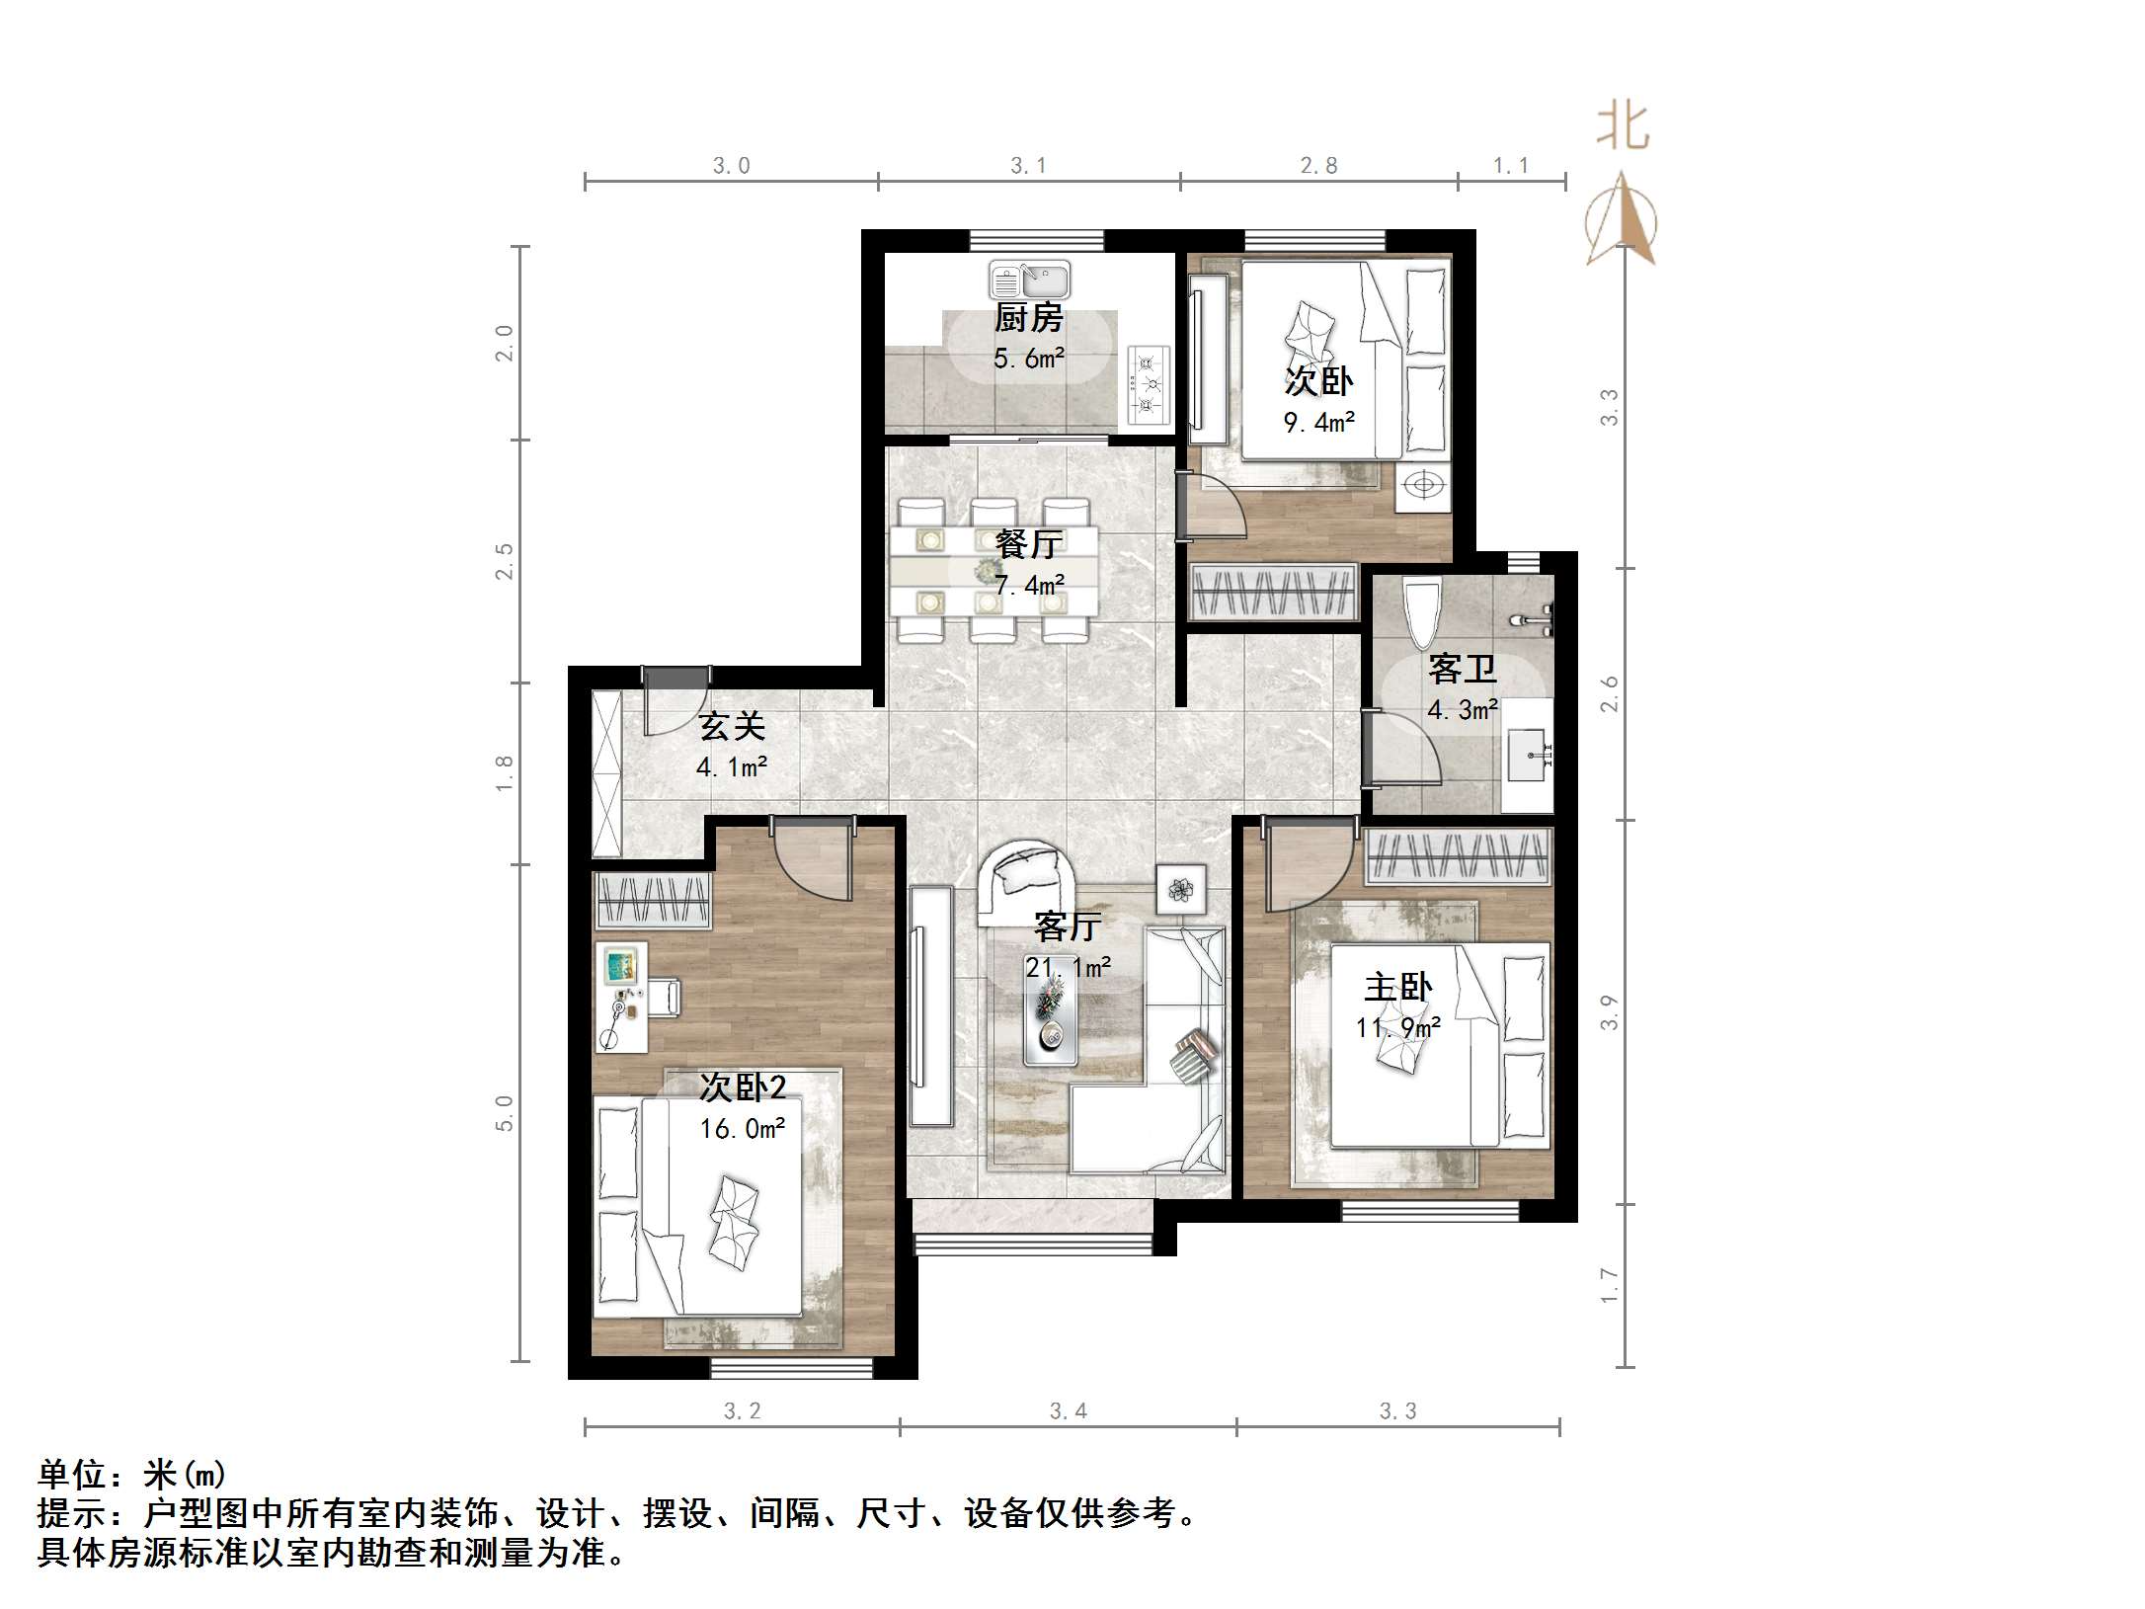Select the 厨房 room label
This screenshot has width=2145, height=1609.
coord(1028,318)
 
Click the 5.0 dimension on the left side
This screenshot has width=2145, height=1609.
coord(505,1113)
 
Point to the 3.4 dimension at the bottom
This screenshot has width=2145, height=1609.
coord(1068,1411)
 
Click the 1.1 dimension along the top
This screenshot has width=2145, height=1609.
coord(1510,166)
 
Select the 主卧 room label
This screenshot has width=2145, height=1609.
coord(1397,987)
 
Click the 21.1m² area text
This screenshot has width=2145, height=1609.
coord(1068,967)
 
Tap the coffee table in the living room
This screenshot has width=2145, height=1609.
coord(1049,1027)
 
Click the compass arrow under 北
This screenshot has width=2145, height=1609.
coord(1621,222)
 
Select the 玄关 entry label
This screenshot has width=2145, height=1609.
coord(732,727)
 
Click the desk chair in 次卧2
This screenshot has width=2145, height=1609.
coord(665,998)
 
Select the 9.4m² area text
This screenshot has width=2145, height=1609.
coord(1318,423)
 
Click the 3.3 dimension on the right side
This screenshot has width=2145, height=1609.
coord(1610,407)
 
